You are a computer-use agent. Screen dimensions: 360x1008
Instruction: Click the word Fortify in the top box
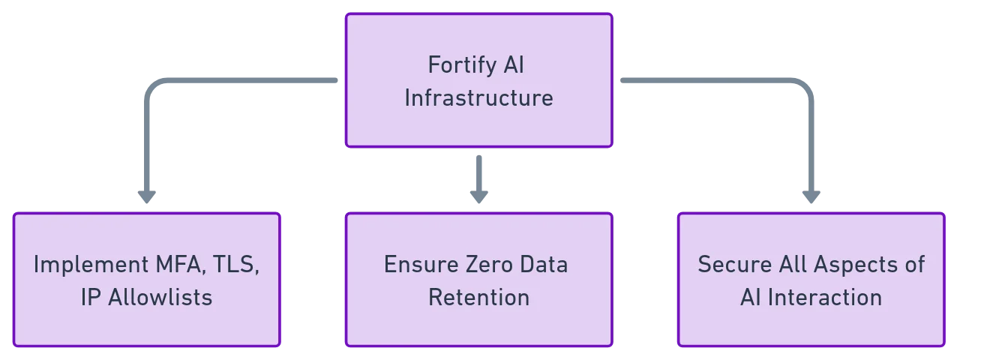[x=457, y=66]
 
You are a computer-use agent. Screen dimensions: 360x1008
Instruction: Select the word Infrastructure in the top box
[x=478, y=98]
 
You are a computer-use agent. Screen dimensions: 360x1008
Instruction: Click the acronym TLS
[x=239, y=265]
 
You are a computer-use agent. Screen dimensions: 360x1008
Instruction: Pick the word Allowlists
[x=160, y=298]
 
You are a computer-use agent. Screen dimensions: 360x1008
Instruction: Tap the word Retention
[x=478, y=298]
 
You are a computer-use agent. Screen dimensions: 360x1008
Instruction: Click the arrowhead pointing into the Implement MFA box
[x=145, y=195]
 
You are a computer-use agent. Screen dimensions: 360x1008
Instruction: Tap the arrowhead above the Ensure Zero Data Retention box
[x=479, y=193]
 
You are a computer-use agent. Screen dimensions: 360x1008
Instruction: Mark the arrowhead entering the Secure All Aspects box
[x=810, y=195]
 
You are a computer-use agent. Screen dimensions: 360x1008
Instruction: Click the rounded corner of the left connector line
[x=152, y=84]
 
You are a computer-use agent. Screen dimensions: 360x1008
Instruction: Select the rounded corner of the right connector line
[x=804, y=84]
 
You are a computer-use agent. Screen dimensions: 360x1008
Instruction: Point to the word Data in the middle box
[x=546, y=265]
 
